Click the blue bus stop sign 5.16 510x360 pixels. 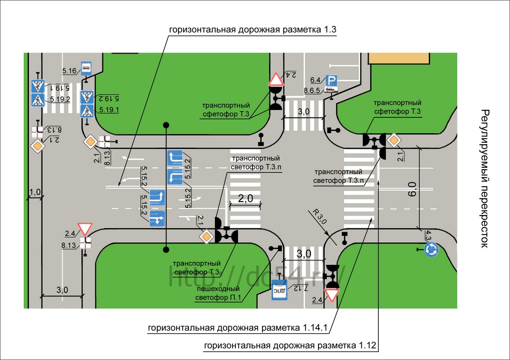click(86, 68)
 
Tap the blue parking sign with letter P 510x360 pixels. click(331, 80)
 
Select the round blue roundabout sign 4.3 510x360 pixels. click(432, 249)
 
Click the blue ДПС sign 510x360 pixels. click(280, 290)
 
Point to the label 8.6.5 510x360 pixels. click(312, 90)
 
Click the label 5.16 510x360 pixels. click(69, 71)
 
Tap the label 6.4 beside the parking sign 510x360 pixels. click(315, 80)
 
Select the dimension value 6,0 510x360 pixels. click(412, 189)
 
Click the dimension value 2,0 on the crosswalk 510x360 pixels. click(245, 198)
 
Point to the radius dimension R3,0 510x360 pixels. click(320, 216)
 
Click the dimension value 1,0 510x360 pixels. click(35, 192)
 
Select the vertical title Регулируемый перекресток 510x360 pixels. click(485, 179)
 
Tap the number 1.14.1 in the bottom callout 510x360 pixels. click(315, 328)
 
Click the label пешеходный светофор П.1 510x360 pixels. click(218, 293)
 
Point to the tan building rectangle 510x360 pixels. click(399, 58)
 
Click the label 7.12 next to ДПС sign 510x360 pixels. click(301, 288)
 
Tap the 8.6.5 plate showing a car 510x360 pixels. click(331, 90)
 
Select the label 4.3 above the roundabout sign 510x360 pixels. click(428, 235)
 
